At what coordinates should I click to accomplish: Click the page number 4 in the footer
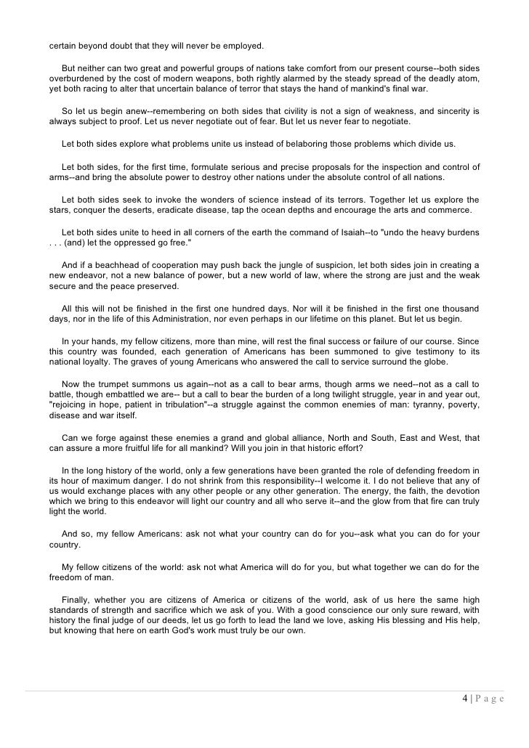[464, 699]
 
